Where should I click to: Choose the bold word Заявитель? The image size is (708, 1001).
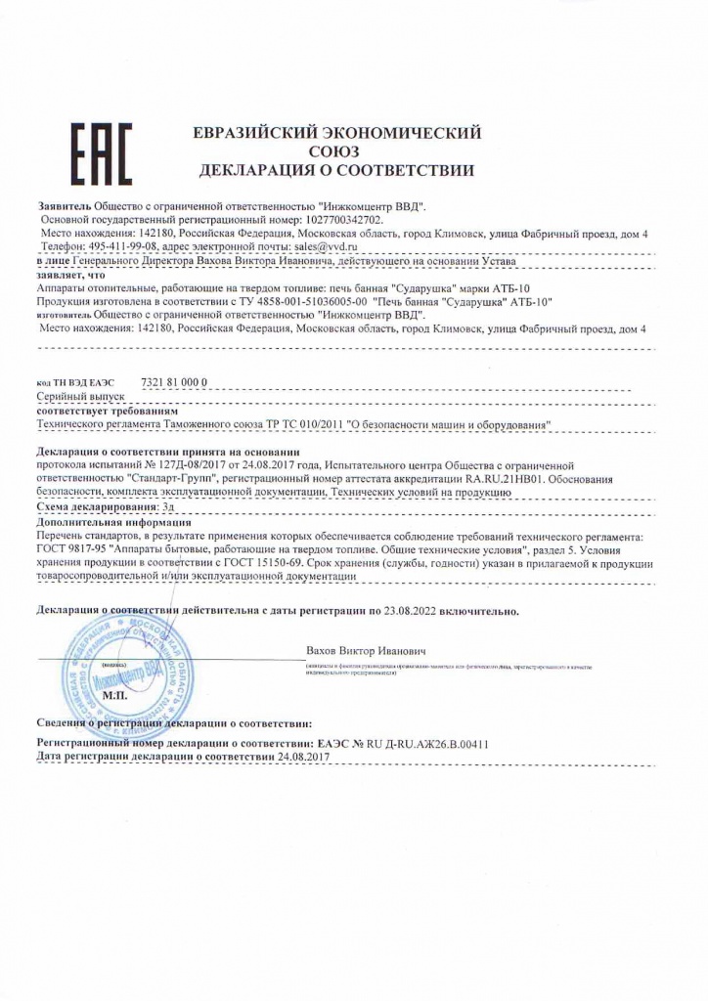pyautogui.click(x=64, y=208)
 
